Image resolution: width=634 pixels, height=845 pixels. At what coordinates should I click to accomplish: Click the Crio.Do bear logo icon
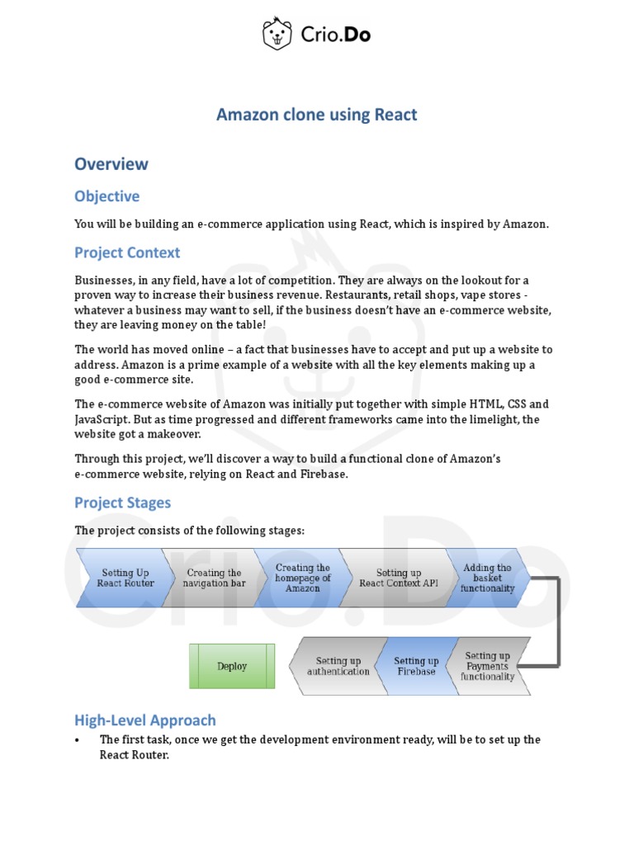click(277, 34)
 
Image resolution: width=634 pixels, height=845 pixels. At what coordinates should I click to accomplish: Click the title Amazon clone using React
click(316, 115)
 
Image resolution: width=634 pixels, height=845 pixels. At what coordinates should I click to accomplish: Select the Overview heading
click(111, 163)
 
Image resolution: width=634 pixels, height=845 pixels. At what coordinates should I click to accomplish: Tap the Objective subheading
click(106, 196)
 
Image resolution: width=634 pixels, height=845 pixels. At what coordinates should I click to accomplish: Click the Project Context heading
click(127, 253)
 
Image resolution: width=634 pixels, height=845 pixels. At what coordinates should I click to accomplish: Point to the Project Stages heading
click(123, 503)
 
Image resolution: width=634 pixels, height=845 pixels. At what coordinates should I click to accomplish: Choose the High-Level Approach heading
click(145, 720)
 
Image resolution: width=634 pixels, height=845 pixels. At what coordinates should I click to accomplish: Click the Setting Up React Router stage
click(125, 578)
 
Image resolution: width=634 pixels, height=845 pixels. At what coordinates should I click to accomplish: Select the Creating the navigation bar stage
click(213, 578)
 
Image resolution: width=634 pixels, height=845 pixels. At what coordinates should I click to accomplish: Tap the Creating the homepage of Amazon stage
click(302, 578)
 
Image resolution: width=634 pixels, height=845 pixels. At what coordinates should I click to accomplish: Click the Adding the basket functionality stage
click(487, 578)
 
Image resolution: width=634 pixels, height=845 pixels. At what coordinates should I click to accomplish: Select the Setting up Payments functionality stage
click(487, 666)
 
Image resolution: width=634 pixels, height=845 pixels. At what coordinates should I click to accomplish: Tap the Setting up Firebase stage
click(415, 666)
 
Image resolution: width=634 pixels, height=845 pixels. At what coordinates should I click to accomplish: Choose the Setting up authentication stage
click(338, 666)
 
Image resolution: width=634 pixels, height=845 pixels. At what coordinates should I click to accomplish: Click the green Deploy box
click(232, 666)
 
